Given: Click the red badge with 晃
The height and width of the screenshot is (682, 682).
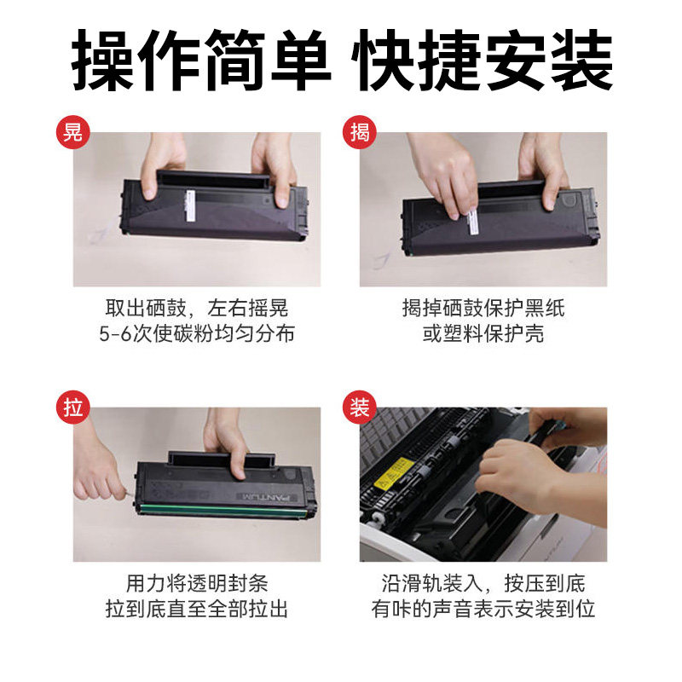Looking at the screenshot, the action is tap(72, 132).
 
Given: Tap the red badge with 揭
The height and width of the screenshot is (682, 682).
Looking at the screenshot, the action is tap(359, 132).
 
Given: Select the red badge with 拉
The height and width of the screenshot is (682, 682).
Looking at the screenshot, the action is tap(72, 407).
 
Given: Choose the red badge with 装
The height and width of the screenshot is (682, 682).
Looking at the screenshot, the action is tap(359, 407).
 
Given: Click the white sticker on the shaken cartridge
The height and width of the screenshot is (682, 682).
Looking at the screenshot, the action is tap(190, 206).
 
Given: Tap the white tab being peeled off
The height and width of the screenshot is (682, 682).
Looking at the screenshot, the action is tap(473, 222).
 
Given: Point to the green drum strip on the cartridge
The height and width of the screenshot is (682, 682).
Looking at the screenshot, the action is tap(223, 510).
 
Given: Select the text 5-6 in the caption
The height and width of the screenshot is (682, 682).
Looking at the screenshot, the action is tap(115, 333).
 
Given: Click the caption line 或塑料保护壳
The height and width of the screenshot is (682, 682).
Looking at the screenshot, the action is tap(483, 333).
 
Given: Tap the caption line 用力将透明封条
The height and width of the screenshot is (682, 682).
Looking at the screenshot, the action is tap(197, 583).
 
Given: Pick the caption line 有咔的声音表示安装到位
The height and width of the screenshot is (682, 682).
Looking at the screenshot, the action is tap(483, 609).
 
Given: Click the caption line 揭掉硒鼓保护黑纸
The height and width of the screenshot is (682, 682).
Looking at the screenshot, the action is tap(483, 309).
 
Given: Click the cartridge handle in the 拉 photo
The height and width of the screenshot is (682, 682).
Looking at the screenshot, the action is tap(222, 459).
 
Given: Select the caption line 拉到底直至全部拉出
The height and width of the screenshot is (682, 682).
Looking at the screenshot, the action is tap(197, 609).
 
